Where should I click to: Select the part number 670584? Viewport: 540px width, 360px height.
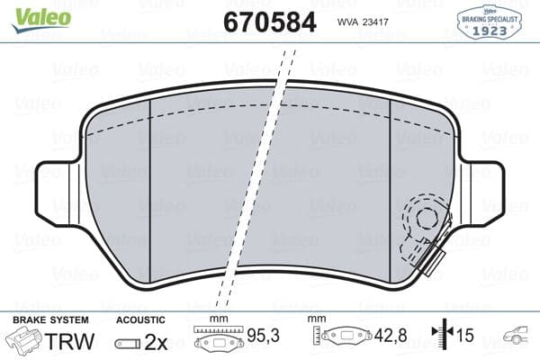267,21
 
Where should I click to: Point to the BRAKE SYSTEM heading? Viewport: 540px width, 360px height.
49,319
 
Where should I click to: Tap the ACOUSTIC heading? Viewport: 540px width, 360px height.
140,319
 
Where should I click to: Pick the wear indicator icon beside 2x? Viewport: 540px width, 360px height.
129,342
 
